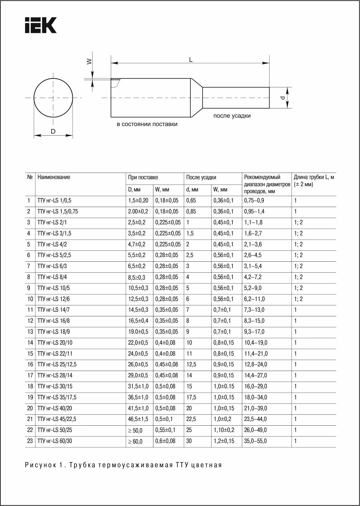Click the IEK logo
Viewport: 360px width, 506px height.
[41, 25]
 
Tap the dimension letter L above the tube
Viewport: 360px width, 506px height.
[191, 60]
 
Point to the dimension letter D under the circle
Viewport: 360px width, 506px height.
[53, 132]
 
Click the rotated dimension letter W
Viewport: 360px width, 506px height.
[89, 61]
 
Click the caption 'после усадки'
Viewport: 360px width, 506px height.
[232, 116]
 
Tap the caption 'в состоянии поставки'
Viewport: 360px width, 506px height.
[147, 124]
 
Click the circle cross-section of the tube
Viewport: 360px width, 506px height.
[53, 97]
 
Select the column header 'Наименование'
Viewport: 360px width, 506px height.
[54, 177]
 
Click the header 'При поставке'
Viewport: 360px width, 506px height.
[143, 178]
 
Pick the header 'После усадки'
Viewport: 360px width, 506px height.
[201, 178]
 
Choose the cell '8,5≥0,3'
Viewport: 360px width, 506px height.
[137, 278]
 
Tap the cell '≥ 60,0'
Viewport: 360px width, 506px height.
[135, 442]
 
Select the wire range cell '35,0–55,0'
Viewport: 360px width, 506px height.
[255, 441]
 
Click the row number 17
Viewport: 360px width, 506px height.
[30, 375]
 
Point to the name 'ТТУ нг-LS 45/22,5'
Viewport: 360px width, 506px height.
[57, 419]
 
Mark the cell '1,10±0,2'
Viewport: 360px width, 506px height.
[224, 430]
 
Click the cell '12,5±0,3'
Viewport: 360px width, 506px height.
[138, 299]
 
